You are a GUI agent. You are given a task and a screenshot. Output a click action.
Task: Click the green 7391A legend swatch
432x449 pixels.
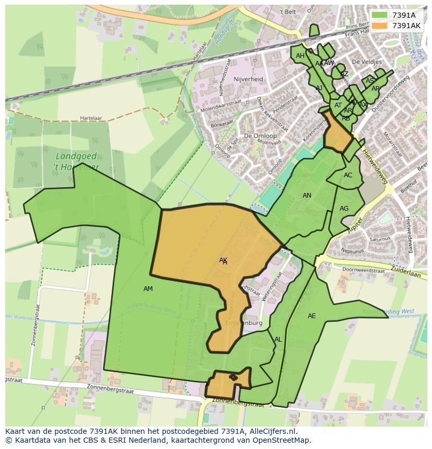pos(380,15)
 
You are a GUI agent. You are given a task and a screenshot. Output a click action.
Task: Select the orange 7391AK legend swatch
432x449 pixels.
pos(380,25)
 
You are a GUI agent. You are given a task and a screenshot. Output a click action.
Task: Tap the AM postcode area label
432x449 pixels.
pos(148,289)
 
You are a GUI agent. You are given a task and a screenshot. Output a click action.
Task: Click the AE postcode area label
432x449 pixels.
pos(311,316)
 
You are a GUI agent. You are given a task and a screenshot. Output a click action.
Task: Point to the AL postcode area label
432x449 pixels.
pos(278,339)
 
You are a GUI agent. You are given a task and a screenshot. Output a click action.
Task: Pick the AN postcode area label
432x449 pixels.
pos(307,196)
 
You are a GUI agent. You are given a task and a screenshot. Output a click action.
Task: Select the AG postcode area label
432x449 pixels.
pos(344,209)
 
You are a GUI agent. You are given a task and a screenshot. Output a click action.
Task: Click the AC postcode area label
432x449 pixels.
pos(348,175)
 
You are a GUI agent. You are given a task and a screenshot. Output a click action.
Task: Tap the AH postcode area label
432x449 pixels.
pos(300,56)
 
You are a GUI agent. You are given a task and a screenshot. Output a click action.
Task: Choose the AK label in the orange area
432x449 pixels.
pos(223,260)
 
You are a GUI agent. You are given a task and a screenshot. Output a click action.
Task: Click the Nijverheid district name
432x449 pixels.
pos(249,79)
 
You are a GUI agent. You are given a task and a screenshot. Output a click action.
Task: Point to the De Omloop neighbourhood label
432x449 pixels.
pos(260,136)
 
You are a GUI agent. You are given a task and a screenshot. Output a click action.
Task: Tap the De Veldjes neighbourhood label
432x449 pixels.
pos(367,62)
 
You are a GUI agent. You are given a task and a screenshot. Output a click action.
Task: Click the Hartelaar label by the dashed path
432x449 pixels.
pos(91,118)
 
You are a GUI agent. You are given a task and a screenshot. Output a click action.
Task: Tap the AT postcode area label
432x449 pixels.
pos(338,105)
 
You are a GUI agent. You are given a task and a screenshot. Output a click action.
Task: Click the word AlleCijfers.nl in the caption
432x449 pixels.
pos(271,431)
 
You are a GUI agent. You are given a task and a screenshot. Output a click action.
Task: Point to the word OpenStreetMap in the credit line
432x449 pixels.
pos(282,440)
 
